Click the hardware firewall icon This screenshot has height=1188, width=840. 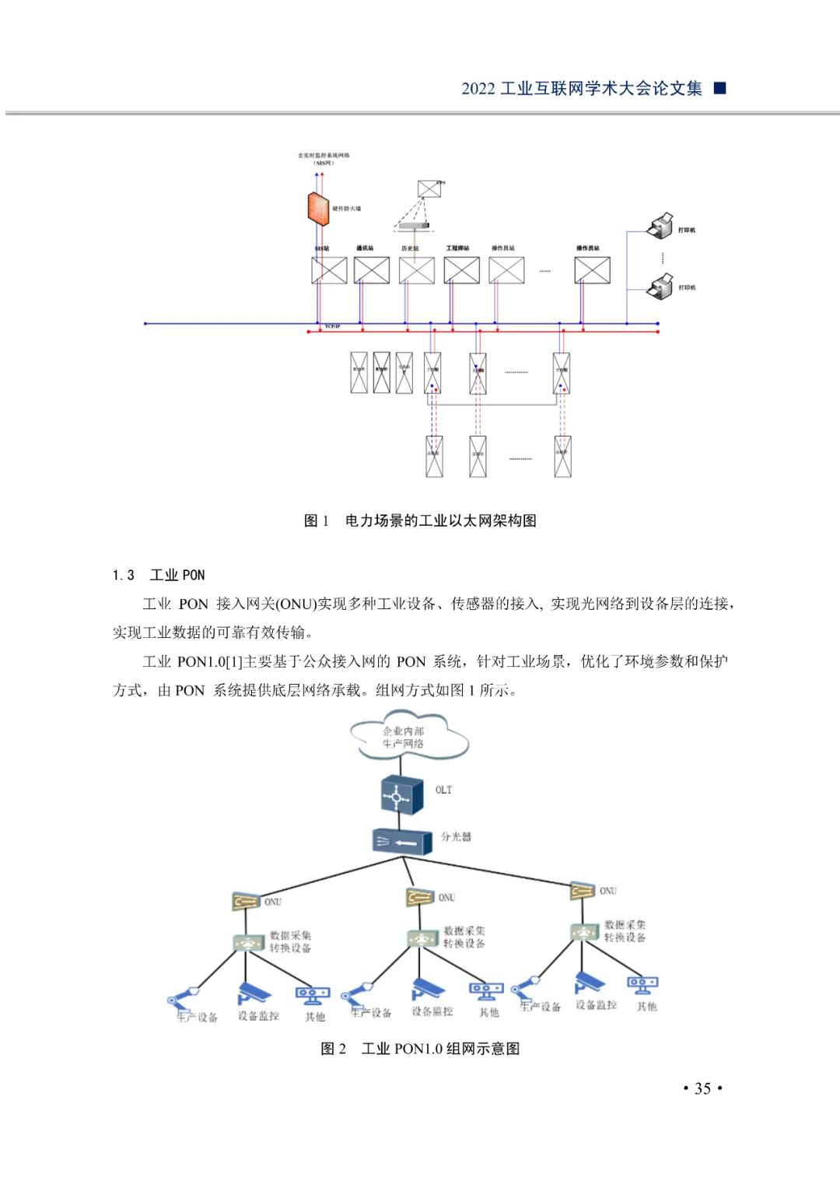click(x=317, y=209)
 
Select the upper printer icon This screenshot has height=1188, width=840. click(x=660, y=226)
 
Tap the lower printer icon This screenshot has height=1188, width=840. click(x=660, y=286)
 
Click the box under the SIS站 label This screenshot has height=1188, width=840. click(x=329, y=270)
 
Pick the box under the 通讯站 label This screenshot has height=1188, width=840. click(x=371, y=270)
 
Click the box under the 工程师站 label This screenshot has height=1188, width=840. click(x=461, y=270)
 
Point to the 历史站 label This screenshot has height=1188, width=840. click(x=410, y=248)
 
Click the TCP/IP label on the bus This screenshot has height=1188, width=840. click(x=332, y=327)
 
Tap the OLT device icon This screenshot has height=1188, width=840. click(x=401, y=794)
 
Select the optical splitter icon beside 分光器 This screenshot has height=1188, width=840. click(x=402, y=843)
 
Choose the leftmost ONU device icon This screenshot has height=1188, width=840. click(x=246, y=902)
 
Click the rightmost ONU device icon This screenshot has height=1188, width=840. click(x=582, y=891)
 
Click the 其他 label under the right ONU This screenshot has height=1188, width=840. click(x=646, y=1006)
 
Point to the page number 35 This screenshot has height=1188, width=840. click(x=702, y=1088)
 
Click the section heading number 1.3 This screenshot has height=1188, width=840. click(x=123, y=575)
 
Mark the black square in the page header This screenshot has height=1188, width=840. click(x=720, y=88)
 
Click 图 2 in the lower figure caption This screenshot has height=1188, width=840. click(x=334, y=1049)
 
